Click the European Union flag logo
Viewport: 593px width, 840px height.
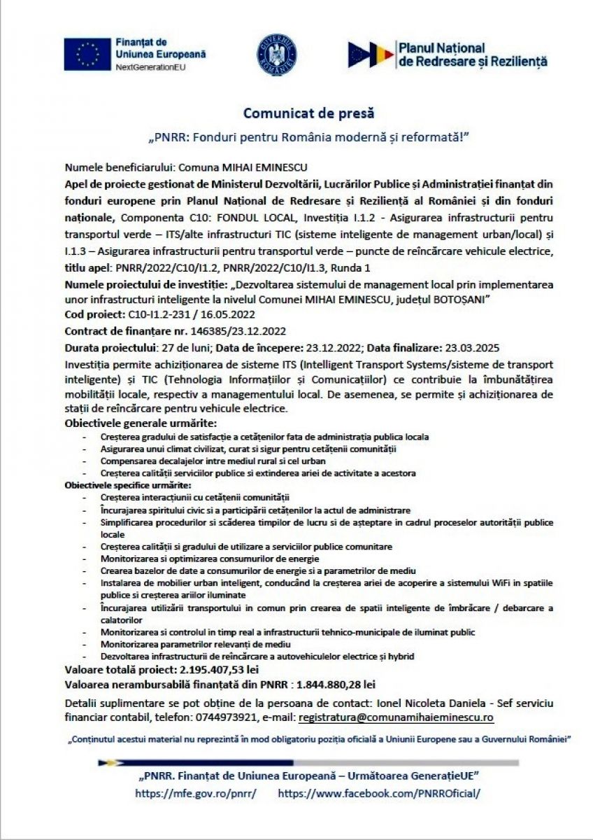click(87, 53)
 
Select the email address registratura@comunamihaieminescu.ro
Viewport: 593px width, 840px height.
click(396, 717)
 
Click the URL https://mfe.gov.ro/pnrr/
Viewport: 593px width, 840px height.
click(195, 794)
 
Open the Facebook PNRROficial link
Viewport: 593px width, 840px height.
click(380, 794)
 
